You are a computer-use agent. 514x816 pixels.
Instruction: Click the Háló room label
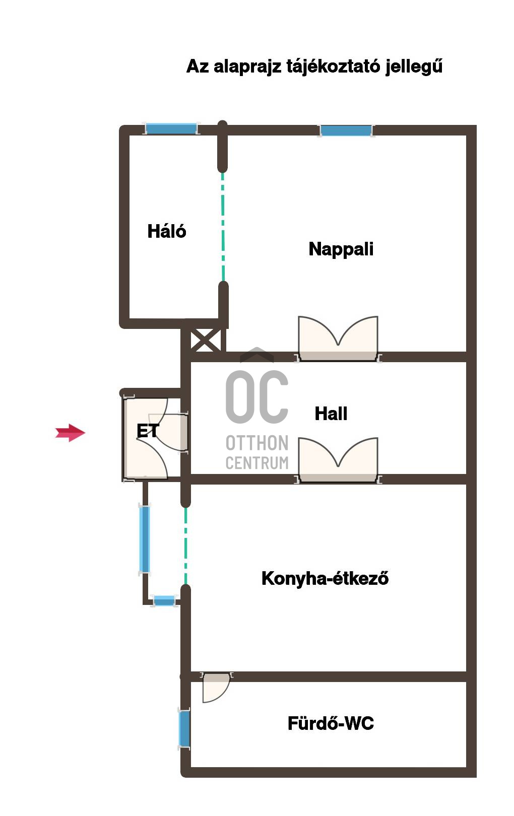click(167, 231)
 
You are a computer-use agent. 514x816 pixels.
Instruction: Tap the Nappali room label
click(341, 249)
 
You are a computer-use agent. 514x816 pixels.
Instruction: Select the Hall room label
click(331, 414)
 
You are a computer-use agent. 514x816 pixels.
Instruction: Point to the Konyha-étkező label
click(325, 578)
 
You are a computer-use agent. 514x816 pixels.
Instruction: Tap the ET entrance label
click(148, 431)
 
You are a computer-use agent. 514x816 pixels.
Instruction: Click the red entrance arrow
click(70, 433)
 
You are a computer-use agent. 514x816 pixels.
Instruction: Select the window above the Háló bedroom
click(171, 128)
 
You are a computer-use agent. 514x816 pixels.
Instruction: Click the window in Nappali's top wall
click(346, 130)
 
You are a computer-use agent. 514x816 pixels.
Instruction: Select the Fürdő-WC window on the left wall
click(184, 728)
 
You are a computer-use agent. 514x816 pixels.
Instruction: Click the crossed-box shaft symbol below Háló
click(206, 339)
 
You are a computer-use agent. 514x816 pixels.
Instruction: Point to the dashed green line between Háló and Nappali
click(223, 226)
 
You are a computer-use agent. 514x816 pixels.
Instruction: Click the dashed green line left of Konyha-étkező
click(185, 546)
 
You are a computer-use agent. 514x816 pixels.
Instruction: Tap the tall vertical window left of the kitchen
click(144, 539)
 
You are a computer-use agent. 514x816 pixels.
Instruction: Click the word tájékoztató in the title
click(333, 66)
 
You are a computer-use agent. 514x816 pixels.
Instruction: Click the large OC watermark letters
click(257, 397)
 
